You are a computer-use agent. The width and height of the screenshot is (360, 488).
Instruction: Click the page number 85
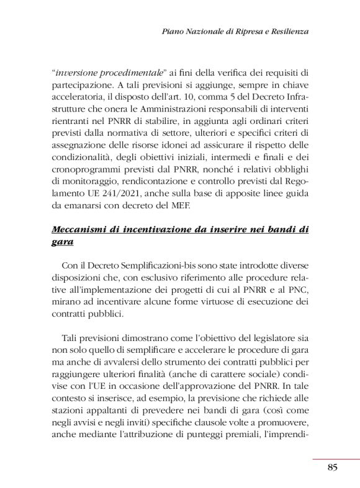pos(332,468)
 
